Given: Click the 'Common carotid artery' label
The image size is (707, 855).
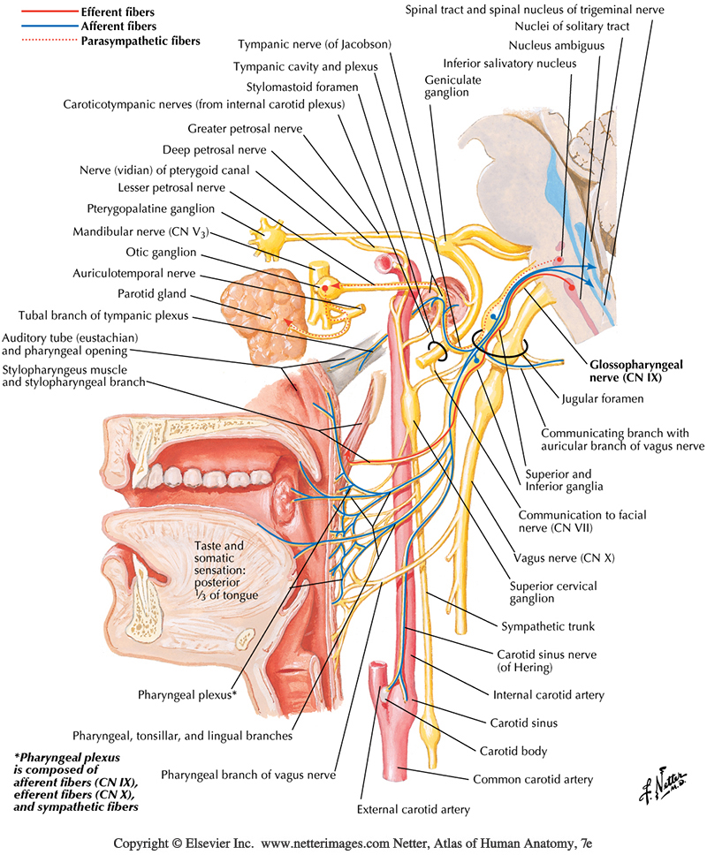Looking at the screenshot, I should pos(532,780).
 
